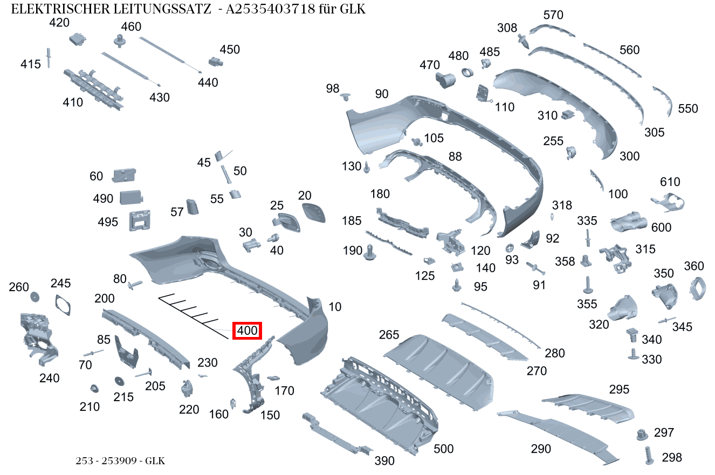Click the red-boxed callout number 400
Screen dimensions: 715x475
[x=247, y=331]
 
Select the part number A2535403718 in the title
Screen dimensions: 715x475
[x=270, y=9]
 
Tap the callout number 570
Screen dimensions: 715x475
[x=553, y=15]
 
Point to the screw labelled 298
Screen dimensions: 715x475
[x=649, y=456]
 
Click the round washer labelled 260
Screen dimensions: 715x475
[x=35, y=297]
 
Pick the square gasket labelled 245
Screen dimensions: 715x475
[x=63, y=305]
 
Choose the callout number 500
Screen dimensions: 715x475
[x=443, y=449]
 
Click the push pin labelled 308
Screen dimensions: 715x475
[x=523, y=41]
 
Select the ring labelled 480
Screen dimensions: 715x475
[x=467, y=72]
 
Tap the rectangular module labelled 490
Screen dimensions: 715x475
[x=131, y=197]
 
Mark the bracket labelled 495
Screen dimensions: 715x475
[x=140, y=221]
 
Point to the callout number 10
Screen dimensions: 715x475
[x=335, y=307]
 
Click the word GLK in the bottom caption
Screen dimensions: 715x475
[x=155, y=461]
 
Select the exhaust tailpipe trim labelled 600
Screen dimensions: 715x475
[x=628, y=221]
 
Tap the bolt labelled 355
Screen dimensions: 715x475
[x=587, y=285]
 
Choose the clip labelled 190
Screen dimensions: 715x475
[x=369, y=252]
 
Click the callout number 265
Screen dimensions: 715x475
[x=389, y=334]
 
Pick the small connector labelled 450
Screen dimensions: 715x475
[x=216, y=61]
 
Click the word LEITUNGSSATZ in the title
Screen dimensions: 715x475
[x=162, y=9]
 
